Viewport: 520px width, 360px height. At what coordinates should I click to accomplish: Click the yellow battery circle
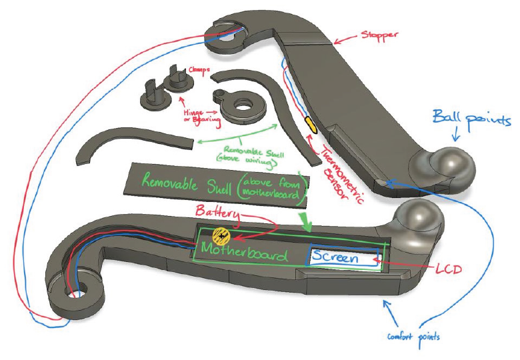221,235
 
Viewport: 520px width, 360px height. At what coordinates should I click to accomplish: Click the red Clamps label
199,69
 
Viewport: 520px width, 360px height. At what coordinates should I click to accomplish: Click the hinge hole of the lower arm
73,291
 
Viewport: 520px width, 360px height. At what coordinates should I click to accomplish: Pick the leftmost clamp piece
149,100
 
